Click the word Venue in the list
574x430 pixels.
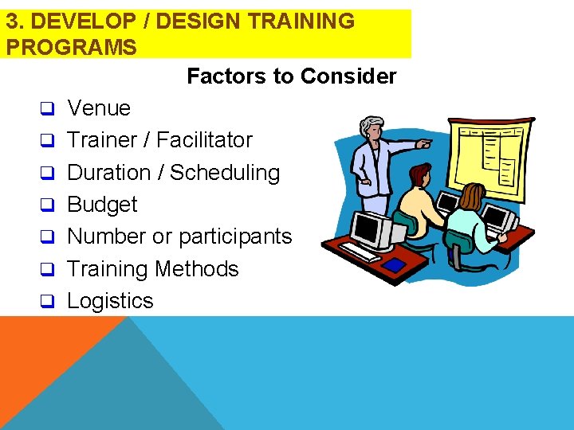[x=99, y=108]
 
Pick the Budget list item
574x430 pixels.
[x=102, y=205]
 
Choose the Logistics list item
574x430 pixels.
[x=110, y=301]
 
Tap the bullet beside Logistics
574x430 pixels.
[x=47, y=302]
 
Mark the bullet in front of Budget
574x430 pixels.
[x=47, y=205]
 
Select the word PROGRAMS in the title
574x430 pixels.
[x=71, y=47]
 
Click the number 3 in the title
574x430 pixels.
[x=12, y=21]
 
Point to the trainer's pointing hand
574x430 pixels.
[x=424, y=145]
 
